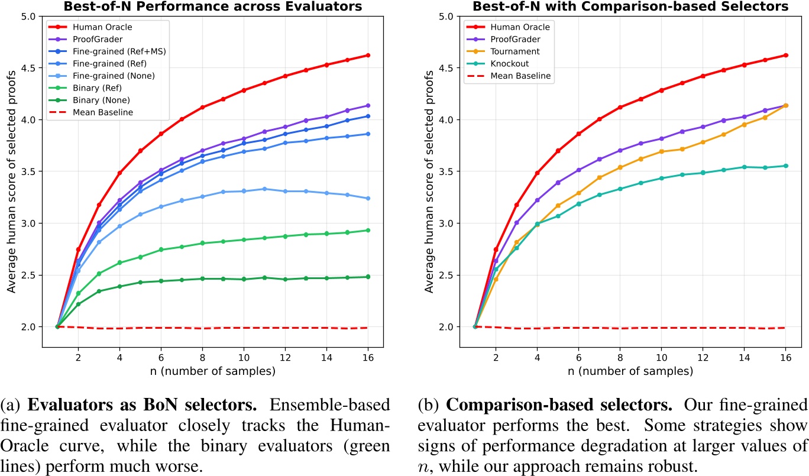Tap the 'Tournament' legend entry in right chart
point(513,51)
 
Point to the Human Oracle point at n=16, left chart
point(368,55)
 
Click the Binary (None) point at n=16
point(368,277)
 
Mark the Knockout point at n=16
point(785,166)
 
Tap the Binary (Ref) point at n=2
point(78,293)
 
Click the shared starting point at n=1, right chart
point(475,326)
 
